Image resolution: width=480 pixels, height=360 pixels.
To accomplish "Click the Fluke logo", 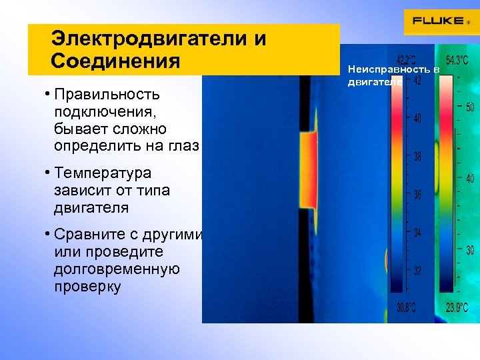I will coord(440,21).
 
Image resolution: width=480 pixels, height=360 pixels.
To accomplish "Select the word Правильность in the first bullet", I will coord(107,94).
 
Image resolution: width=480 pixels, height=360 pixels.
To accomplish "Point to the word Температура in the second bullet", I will coord(103,174).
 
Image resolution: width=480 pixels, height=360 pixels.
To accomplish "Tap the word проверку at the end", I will coord(87,287).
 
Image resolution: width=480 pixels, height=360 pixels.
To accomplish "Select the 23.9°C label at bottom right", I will coord(457,307).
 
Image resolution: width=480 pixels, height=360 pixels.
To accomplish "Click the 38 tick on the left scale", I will coord(417,157).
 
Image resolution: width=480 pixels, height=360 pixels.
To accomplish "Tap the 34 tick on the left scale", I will coord(417,233).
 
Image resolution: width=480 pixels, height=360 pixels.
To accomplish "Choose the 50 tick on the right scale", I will coord(470,107).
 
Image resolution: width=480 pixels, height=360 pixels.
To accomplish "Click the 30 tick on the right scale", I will coord(470,251).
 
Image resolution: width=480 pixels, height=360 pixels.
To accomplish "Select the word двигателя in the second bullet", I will coord(92,208).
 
